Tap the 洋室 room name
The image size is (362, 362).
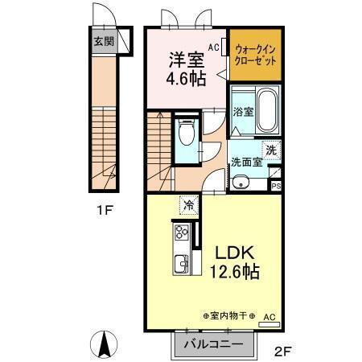pos(185,60)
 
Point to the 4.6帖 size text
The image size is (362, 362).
pos(185,81)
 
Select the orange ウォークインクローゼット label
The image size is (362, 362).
pos(256,56)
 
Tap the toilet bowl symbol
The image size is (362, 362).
pos(187,134)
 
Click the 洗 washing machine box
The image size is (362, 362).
pos(272,149)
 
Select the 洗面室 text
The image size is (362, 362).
pos(247,162)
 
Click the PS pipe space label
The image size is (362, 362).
pos(276,186)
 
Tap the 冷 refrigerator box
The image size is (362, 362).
pos(187,207)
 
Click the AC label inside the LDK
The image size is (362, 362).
pos(269,317)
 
